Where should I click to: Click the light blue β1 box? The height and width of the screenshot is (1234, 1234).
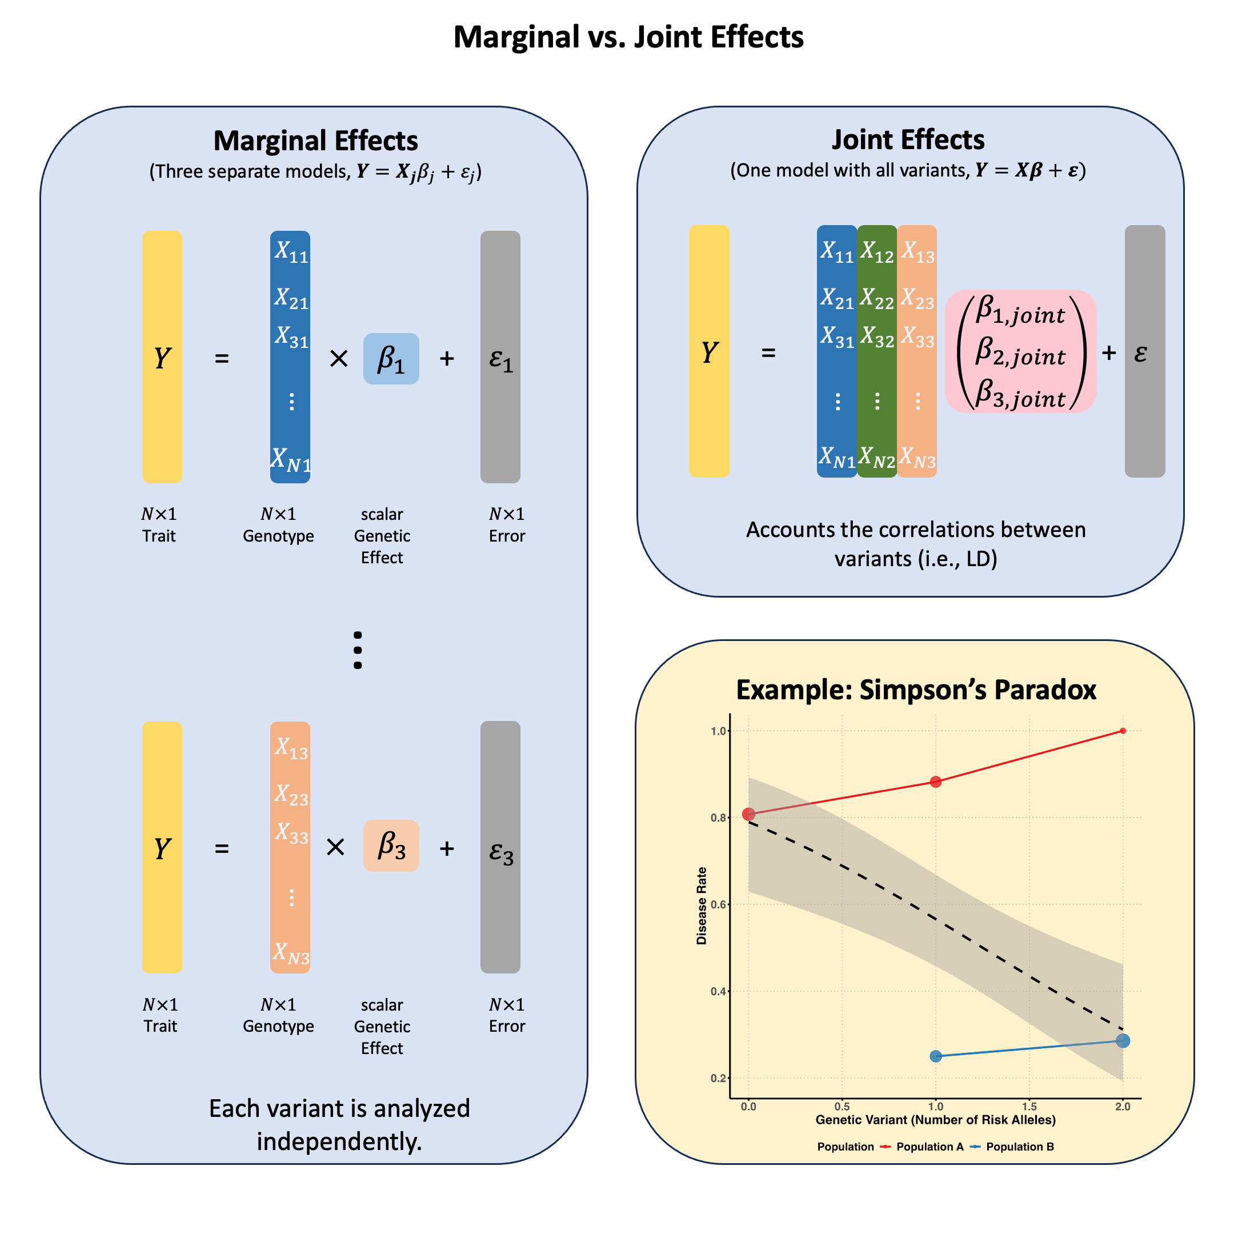tap(391, 358)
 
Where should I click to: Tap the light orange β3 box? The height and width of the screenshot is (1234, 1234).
tap(391, 846)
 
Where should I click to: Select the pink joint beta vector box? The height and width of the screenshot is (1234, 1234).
tap(1020, 351)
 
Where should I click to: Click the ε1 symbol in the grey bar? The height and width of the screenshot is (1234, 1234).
tap(501, 359)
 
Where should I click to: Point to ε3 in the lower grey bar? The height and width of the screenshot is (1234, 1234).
tap(501, 851)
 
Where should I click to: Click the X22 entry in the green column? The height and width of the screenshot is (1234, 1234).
tap(876, 298)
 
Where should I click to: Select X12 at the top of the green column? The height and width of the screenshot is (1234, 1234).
tap(876, 251)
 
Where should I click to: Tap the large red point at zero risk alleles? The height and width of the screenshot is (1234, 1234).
tap(748, 814)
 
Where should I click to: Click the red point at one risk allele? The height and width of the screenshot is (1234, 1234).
tap(936, 782)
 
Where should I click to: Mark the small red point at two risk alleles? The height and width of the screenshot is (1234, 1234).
tap(1123, 731)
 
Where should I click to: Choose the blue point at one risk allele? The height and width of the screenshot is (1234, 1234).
tap(936, 1056)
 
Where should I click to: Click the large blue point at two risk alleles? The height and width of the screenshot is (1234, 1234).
tap(1123, 1041)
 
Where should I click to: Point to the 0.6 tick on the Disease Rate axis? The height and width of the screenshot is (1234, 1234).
tap(719, 904)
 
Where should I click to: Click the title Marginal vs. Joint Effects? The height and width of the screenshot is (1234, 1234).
tap(628, 37)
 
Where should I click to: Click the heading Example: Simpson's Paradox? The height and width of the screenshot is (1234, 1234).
tap(916, 690)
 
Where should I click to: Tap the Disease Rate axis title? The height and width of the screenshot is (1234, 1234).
tap(702, 906)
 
